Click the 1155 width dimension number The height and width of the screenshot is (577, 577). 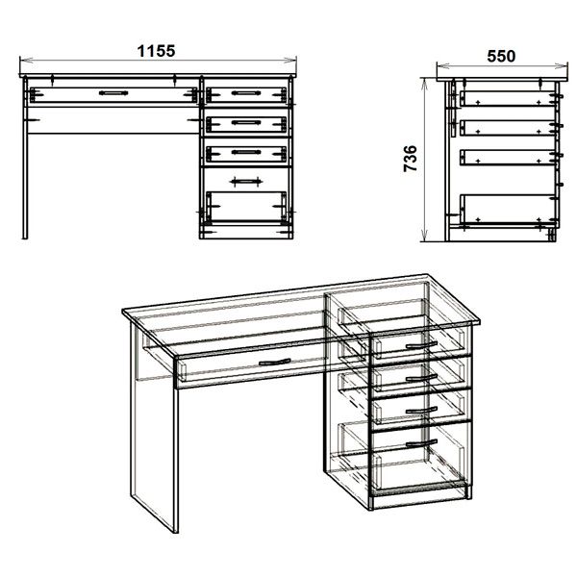(x=156, y=51)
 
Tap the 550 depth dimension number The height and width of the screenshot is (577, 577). (x=501, y=57)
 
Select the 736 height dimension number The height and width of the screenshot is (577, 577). (x=411, y=159)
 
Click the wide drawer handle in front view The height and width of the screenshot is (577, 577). (x=113, y=93)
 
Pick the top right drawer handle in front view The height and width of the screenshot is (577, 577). (x=246, y=93)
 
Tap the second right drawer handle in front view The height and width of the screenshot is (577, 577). (x=246, y=122)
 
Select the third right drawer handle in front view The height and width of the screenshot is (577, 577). (x=246, y=152)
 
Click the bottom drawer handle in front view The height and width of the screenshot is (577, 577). (x=246, y=181)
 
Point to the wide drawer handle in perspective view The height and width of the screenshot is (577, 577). (x=274, y=363)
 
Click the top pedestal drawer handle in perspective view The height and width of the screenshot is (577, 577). (x=421, y=345)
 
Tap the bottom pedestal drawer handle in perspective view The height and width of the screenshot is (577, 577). (x=421, y=443)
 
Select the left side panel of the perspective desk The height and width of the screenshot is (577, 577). (x=155, y=427)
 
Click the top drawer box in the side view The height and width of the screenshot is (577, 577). (x=508, y=98)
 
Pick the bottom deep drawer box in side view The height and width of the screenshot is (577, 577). (x=508, y=209)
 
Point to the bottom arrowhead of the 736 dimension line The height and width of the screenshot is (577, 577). (x=424, y=235)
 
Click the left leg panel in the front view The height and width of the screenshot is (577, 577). (x=25, y=159)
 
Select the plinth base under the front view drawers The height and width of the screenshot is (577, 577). (x=246, y=232)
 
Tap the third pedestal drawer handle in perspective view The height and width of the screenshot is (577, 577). (x=421, y=411)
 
